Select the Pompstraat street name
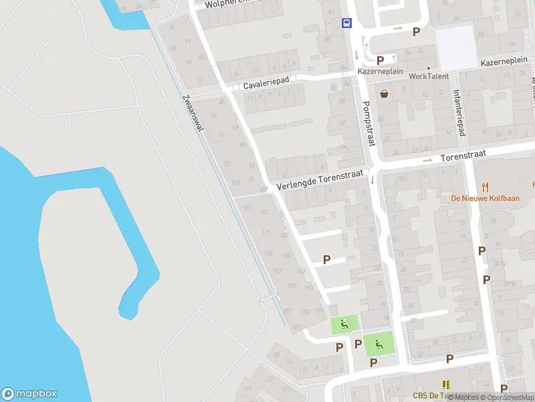pyautogui.click(x=367, y=123)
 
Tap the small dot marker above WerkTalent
pyautogui.click(x=428, y=68)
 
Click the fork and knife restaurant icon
pyautogui.click(x=486, y=186)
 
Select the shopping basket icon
pyautogui.click(x=385, y=94)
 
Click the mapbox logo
pyautogui.click(x=29, y=394)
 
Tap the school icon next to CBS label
pyautogui.click(x=446, y=384)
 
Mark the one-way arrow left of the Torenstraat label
pyautogui.click(x=428, y=160)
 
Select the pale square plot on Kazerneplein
pyautogui.click(x=456, y=48)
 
